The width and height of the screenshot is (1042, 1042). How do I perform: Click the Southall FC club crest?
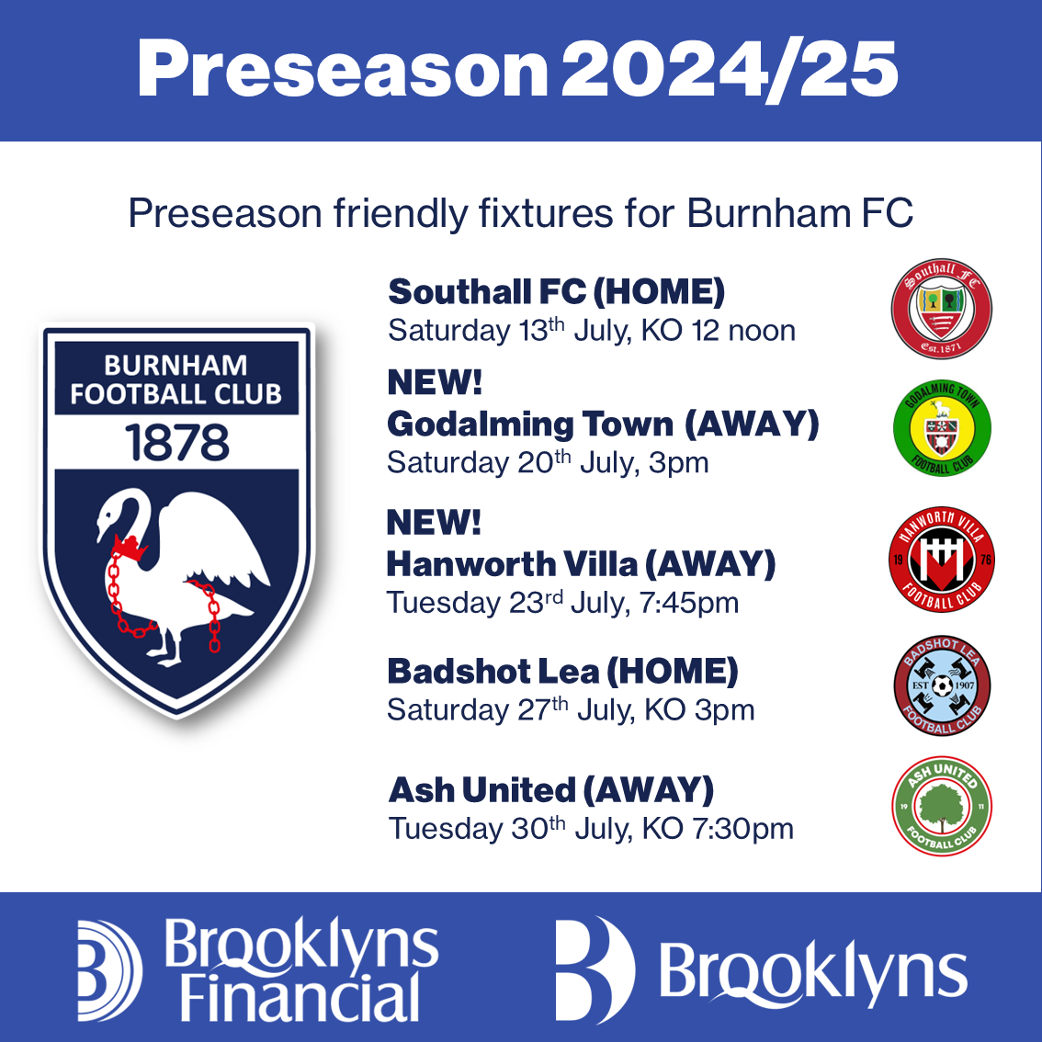pyautogui.click(x=941, y=309)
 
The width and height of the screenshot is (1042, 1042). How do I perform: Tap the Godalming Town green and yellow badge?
pyautogui.click(x=942, y=428)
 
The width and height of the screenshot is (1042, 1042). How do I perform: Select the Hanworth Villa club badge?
pyautogui.click(x=941, y=559)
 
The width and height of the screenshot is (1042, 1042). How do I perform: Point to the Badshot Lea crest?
pyautogui.click(x=942, y=685)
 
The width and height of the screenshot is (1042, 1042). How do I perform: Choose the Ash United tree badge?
pyautogui.click(x=941, y=806)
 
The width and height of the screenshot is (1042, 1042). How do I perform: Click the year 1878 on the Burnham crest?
pyautogui.click(x=176, y=443)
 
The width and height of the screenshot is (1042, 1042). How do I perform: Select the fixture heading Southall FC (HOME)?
pyautogui.click(x=556, y=291)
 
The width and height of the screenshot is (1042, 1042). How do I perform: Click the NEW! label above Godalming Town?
pyautogui.click(x=435, y=382)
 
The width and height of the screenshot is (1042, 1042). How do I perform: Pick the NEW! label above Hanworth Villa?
pyautogui.click(x=434, y=522)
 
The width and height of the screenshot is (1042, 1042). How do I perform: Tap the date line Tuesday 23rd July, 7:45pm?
pyautogui.click(x=562, y=603)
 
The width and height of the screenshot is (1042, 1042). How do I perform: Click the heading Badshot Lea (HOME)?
pyautogui.click(x=562, y=671)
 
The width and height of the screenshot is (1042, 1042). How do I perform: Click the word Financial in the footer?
pyautogui.click(x=300, y=998)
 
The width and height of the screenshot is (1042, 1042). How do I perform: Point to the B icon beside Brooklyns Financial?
pyautogui.click(x=109, y=971)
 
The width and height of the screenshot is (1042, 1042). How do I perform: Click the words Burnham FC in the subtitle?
pyautogui.click(x=800, y=213)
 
